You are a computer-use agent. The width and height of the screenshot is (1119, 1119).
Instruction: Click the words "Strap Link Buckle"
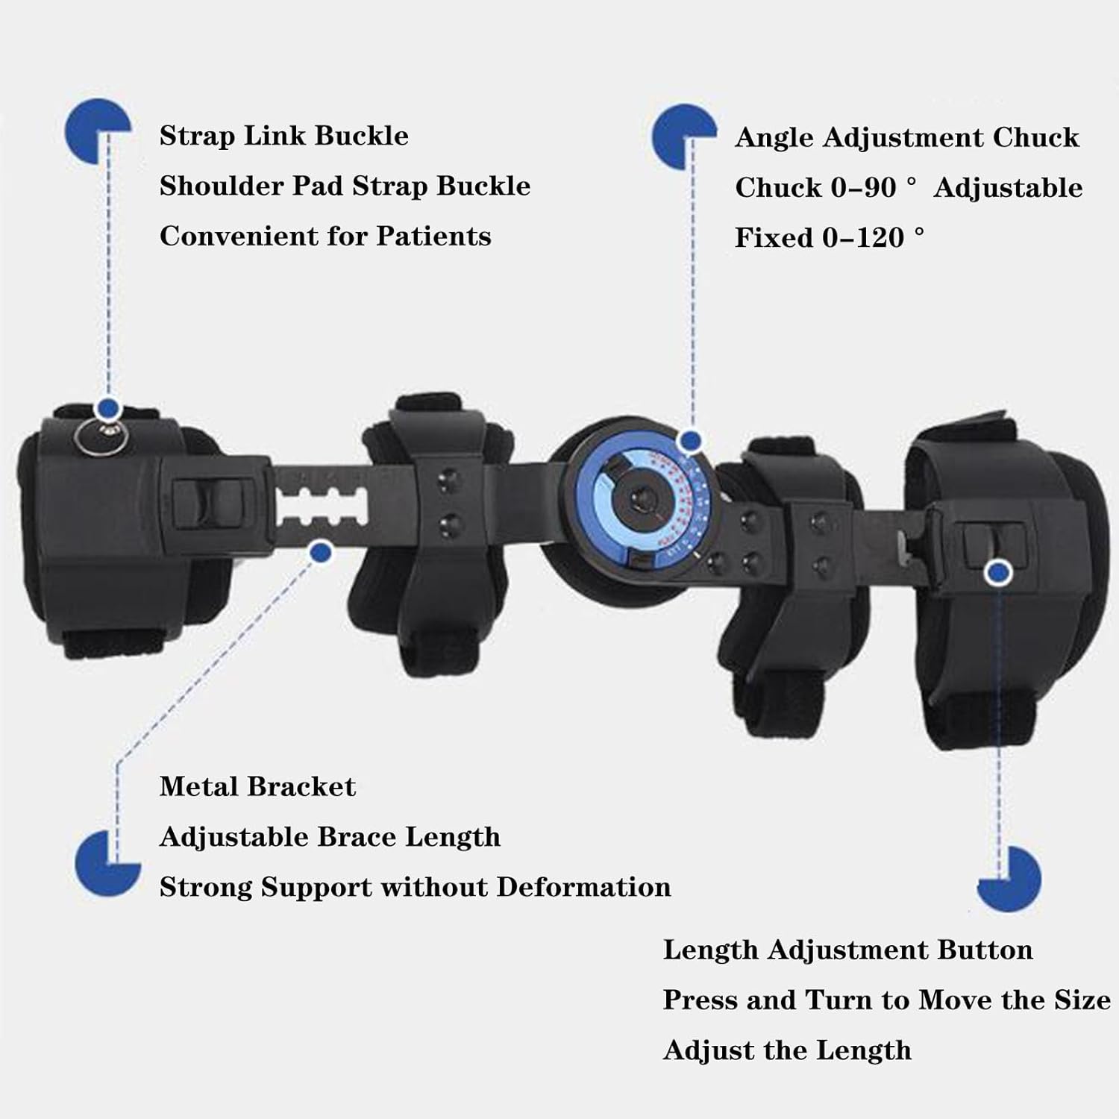(283, 137)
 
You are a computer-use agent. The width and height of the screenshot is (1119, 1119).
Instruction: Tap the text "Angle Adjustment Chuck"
(906, 138)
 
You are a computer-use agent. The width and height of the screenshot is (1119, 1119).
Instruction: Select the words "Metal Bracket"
(257, 787)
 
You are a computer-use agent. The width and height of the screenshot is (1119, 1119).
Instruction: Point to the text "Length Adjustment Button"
(847, 950)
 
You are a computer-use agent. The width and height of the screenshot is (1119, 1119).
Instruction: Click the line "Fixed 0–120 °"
(829, 238)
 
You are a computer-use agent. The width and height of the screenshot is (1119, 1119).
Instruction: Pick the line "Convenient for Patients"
(325, 236)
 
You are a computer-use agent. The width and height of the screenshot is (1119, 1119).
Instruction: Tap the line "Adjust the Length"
(787, 1050)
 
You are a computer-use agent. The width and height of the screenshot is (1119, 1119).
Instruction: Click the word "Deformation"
(583, 887)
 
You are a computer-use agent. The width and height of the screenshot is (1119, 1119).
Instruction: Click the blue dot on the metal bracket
(321, 552)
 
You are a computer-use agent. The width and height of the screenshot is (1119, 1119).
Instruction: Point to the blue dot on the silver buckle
(109, 408)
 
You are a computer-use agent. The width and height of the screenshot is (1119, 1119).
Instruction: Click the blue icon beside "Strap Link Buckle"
(97, 131)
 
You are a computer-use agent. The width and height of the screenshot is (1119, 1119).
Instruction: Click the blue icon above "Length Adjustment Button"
(1009, 879)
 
